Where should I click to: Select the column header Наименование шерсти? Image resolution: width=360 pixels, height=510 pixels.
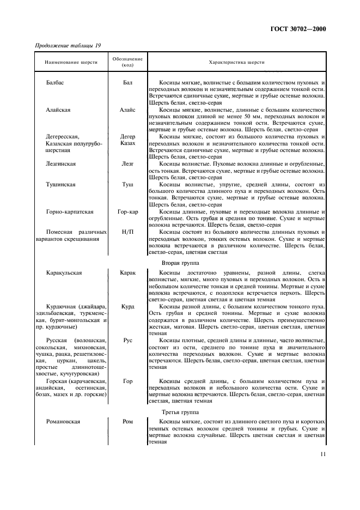[68, 62]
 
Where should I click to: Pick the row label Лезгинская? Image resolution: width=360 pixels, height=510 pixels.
[61, 163]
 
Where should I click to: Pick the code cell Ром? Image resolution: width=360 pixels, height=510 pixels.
[127, 422]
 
